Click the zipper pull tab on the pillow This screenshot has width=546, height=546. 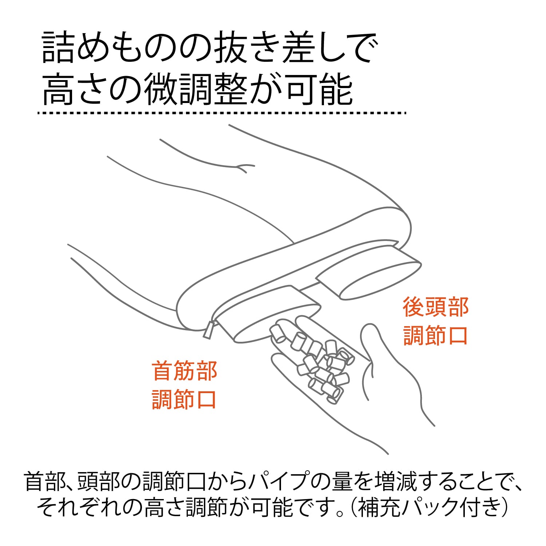pos(209,329)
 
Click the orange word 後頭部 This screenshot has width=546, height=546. pos(435,307)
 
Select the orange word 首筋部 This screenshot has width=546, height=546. pos(185,371)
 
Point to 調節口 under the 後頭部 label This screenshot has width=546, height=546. pos(435,335)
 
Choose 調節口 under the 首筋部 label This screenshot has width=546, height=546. pos(185,399)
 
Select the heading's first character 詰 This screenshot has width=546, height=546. pos(58,48)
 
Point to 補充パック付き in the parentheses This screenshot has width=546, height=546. pos(428,507)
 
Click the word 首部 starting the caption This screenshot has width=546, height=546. pos(45,481)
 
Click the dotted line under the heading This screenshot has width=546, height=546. pos(222,113)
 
